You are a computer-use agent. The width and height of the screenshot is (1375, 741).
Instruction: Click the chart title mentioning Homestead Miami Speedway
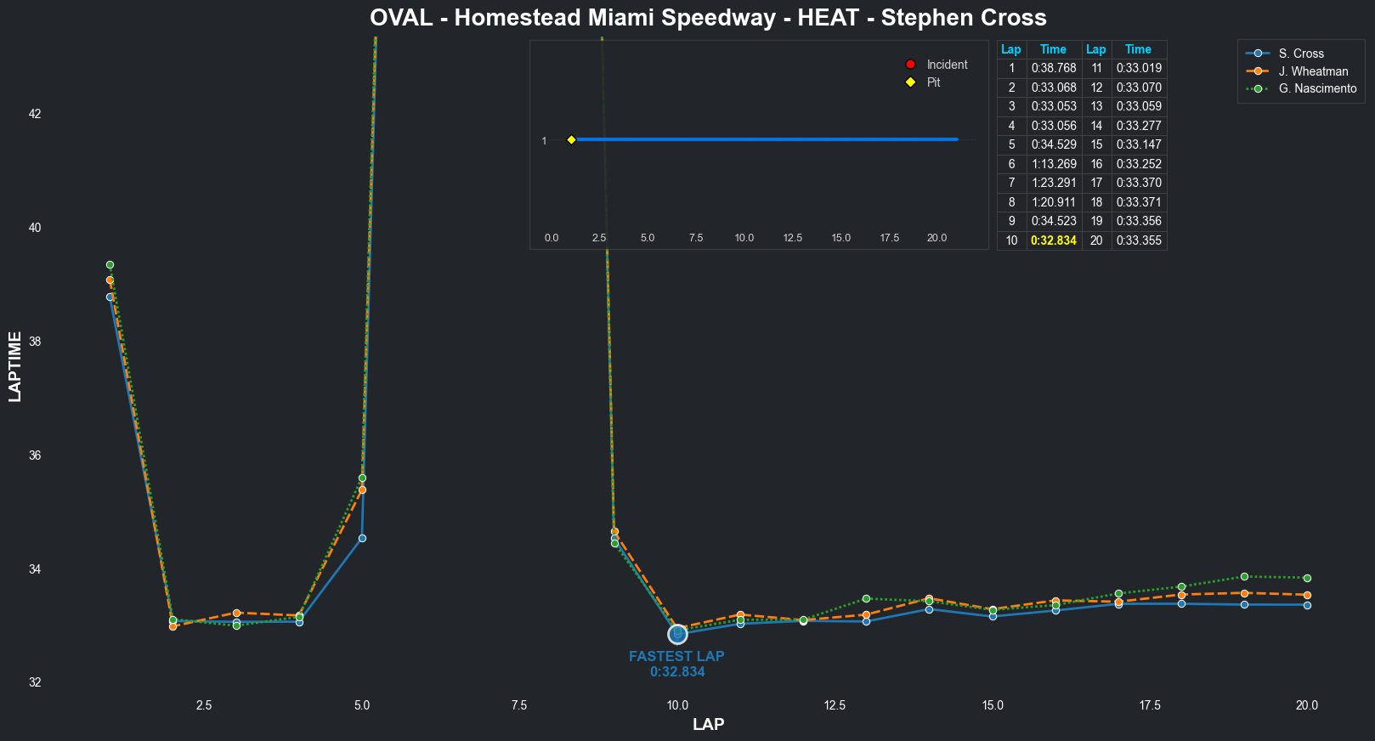tap(708, 18)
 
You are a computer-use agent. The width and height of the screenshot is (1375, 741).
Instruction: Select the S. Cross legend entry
tap(1300, 54)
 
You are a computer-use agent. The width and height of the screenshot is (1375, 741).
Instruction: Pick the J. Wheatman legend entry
tap(1312, 71)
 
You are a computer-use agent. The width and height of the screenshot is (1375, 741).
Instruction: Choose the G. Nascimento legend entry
tap(1316, 88)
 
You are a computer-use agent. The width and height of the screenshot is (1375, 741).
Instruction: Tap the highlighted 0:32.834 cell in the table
tap(1054, 240)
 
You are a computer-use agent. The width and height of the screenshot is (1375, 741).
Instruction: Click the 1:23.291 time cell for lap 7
tap(1054, 183)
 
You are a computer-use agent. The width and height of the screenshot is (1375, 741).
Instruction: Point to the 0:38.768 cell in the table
tap(1054, 68)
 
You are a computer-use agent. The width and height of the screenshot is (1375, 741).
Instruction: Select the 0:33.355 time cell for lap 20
tap(1139, 240)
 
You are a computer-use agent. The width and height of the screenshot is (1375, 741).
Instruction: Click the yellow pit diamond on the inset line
tap(571, 139)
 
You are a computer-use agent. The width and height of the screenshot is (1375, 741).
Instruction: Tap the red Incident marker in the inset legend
tap(910, 65)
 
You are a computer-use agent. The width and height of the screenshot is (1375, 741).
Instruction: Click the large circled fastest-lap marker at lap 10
tap(677, 634)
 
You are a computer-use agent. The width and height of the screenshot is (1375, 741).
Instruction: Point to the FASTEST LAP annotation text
tap(676, 657)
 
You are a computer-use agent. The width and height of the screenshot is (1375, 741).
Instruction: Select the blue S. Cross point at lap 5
tap(362, 539)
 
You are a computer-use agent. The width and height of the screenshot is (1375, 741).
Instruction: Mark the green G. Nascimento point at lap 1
tap(110, 265)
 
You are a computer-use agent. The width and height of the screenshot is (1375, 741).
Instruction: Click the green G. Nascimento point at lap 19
tap(1244, 577)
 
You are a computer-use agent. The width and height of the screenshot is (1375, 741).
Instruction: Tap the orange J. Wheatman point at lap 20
tap(1307, 595)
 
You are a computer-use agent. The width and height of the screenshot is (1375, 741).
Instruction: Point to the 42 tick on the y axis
tap(35, 114)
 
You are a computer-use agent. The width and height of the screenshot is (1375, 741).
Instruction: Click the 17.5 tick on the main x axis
tap(1150, 705)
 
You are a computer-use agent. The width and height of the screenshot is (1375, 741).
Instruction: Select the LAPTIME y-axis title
tap(14, 366)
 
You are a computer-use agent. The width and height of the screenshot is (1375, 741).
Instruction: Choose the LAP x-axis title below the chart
tap(708, 725)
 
